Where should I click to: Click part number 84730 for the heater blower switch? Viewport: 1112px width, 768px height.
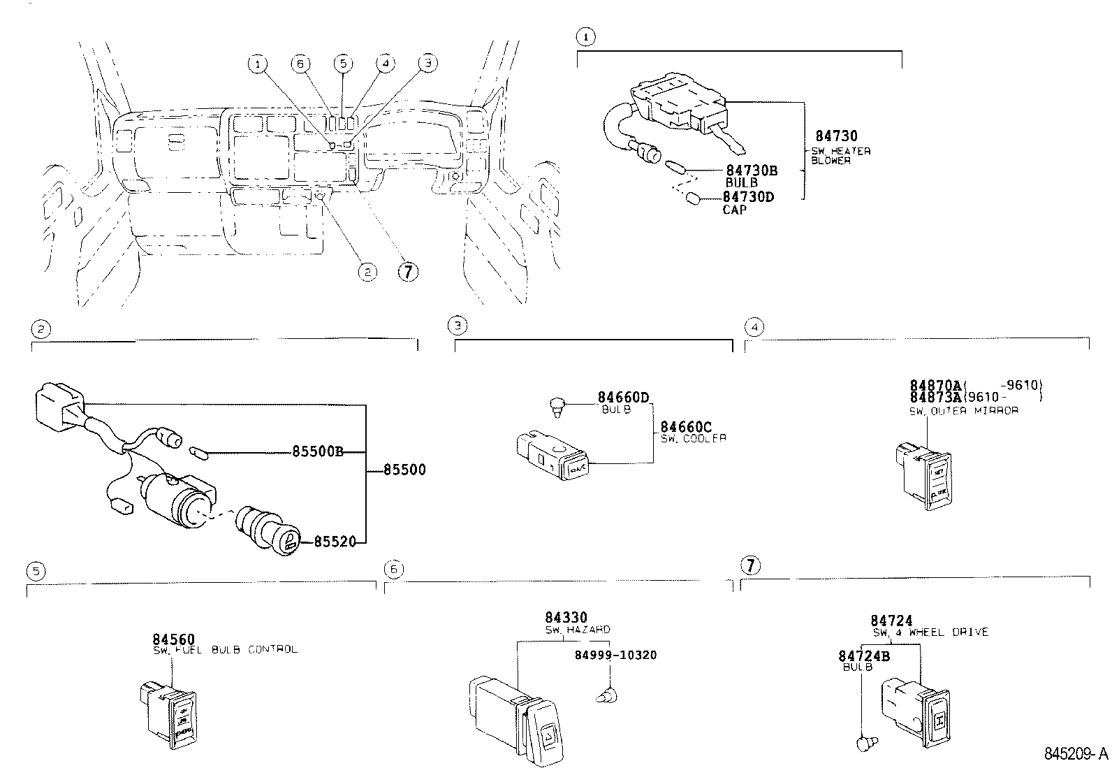tap(836, 136)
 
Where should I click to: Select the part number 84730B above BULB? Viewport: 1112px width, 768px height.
tap(752, 171)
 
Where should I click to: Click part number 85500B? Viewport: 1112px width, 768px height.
tap(317, 451)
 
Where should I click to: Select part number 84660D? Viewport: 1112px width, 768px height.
tap(623, 398)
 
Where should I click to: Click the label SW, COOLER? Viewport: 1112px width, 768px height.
tap(693, 438)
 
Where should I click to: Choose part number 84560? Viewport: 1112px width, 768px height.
tap(173, 639)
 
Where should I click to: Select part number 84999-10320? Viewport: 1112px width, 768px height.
tap(615, 655)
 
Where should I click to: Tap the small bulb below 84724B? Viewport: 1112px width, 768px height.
tap(865, 744)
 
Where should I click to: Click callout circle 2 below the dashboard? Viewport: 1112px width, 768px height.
tap(367, 272)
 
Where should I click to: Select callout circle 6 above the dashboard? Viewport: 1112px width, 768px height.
tap(300, 64)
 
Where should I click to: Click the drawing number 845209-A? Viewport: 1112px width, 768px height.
tap(1075, 754)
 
